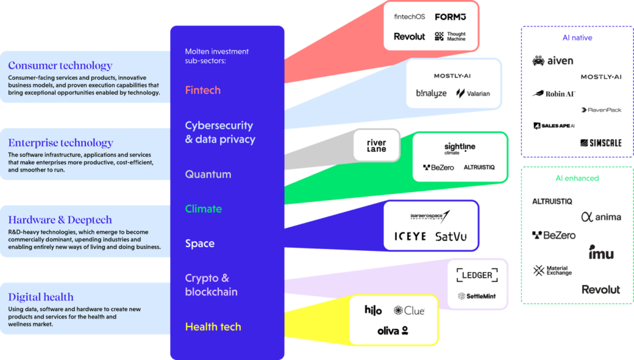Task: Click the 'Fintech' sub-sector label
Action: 202,90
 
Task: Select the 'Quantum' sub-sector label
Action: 208,175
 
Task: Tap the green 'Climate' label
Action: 203,209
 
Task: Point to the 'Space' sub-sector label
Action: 199,244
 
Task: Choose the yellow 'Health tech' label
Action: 213,327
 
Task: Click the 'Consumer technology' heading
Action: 60,66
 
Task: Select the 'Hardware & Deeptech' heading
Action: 60,219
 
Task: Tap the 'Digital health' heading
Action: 41,297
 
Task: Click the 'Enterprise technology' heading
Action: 61,143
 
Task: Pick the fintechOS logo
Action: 409,17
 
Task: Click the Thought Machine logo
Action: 450,37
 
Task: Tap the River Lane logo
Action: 376,146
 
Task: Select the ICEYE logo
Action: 410,236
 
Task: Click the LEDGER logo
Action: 477,275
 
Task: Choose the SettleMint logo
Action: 477,296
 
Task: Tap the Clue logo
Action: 409,310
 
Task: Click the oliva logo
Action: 393,330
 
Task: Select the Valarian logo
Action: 473,94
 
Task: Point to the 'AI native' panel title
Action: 576,38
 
